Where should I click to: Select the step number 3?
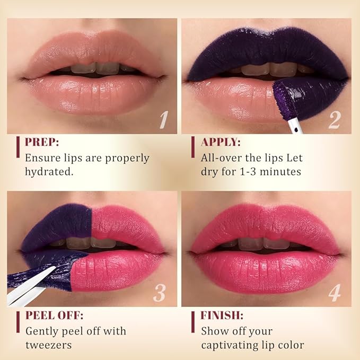pyautogui.click(x=160, y=292)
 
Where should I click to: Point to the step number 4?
pyautogui.click(x=334, y=292)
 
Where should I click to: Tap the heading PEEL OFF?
pyautogui.click(x=54, y=315)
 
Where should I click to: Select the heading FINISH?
pyautogui.click(x=222, y=315)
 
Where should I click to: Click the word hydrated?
pyautogui.click(x=48, y=172)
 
